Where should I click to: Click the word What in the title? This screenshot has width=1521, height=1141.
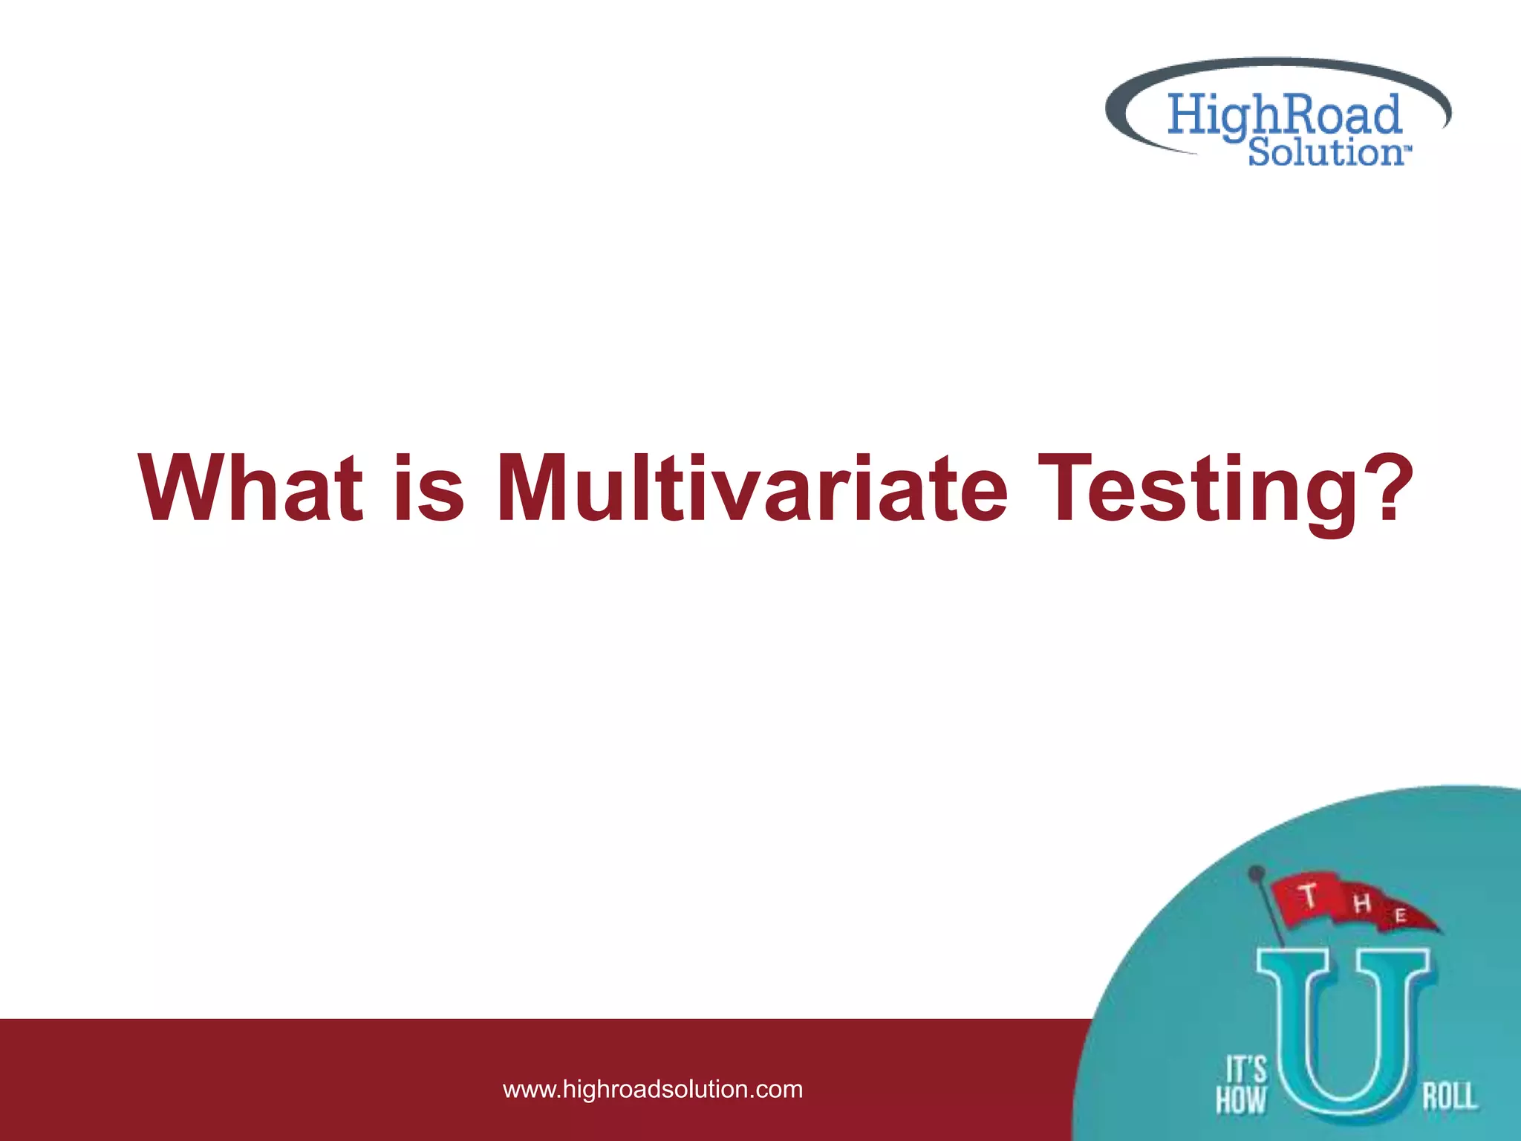[251, 489]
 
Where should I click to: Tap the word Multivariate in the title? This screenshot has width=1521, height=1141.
[752, 489]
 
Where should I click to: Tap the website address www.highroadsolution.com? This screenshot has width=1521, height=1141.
[653, 1089]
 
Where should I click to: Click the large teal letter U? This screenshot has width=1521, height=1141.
[1342, 1040]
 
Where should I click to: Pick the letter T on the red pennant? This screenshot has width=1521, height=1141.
[1309, 896]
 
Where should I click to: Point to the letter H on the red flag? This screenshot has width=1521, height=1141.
[1361, 904]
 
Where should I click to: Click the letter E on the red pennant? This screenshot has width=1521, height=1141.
[1400, 916]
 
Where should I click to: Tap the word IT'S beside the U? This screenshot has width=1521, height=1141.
[1245, 1070]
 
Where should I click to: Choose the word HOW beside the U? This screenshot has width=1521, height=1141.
[1240, 1099]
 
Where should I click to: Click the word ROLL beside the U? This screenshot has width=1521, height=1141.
[1449, 1096]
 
